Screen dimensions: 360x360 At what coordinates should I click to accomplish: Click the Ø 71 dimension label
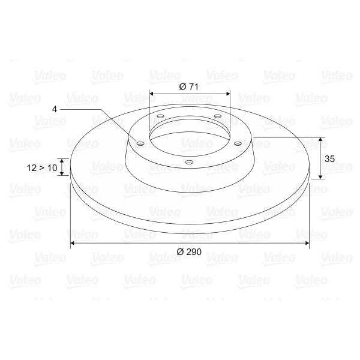188,87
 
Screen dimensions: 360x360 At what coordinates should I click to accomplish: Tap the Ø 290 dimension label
189,252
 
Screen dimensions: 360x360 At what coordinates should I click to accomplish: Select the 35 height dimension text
329,158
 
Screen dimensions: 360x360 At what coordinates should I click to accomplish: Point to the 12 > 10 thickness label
42,168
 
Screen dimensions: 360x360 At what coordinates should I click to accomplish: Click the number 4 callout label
55,109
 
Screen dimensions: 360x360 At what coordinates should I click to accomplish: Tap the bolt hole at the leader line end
140,144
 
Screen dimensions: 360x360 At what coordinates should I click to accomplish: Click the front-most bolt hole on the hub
189,162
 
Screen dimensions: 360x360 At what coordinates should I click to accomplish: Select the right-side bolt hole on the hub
238,144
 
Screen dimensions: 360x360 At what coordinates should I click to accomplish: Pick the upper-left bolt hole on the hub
160,116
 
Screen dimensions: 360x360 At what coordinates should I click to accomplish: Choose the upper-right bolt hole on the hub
218,116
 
